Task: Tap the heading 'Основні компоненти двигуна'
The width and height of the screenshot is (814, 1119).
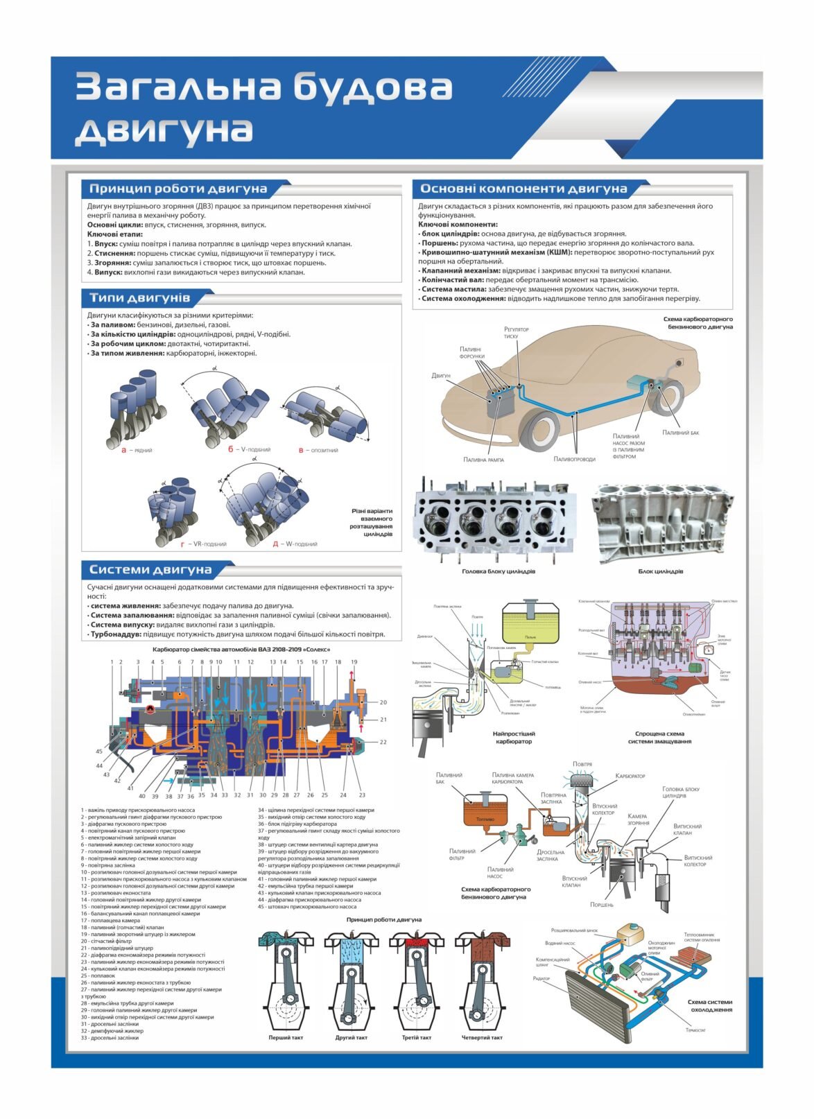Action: pos(523,189)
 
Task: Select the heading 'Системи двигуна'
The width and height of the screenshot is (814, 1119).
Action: pos(150,570)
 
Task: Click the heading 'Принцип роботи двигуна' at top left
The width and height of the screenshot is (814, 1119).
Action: pos(177,189)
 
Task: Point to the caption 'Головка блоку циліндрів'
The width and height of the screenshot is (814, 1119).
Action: pos(498,572)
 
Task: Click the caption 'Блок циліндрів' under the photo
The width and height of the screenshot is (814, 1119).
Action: pos(660,572)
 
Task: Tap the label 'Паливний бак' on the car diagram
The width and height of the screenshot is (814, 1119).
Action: pos(680,433)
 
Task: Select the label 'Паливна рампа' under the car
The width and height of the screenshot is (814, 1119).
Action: pos(483,460)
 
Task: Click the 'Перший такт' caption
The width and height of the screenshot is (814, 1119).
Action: pos(286,1038)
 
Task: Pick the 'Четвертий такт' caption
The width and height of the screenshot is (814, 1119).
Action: pos(482,1038)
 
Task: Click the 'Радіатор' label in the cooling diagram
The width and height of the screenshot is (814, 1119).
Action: pos(541,978)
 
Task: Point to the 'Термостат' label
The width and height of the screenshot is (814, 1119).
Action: pos(695,1030)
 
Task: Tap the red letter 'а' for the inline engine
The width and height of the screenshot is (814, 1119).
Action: pos(124,450)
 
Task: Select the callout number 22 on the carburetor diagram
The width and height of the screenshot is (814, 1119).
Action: pos(383,742)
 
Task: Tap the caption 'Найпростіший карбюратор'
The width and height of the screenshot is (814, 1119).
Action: pos(514,737)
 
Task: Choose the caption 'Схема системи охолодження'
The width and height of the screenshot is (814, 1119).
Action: pos(709,1005)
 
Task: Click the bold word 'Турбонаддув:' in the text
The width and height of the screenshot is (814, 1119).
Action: pos(115,634)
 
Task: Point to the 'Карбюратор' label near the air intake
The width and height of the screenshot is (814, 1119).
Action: pos(630,776)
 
